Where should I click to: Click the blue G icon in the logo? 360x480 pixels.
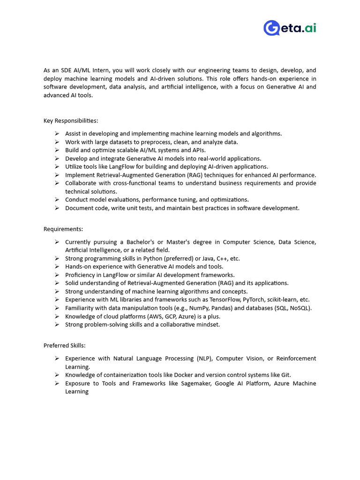(x=271, y=28)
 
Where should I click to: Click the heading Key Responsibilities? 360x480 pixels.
(x=71, y=120)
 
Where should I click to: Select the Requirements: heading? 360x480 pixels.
(x=63, y=229)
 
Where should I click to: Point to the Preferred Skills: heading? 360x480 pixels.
(x=65, y=345)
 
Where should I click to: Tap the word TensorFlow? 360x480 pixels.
(x=224, y=300)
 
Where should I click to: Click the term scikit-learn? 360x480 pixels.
(x=283, y=300)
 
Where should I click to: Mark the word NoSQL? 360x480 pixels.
(x=300, y=308)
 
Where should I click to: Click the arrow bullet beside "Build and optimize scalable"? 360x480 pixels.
(x=56, y=150)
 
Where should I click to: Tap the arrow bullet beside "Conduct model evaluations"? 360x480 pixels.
(x=56, y=200)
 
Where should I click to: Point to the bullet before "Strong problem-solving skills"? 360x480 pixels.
(x=56, y=324)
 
